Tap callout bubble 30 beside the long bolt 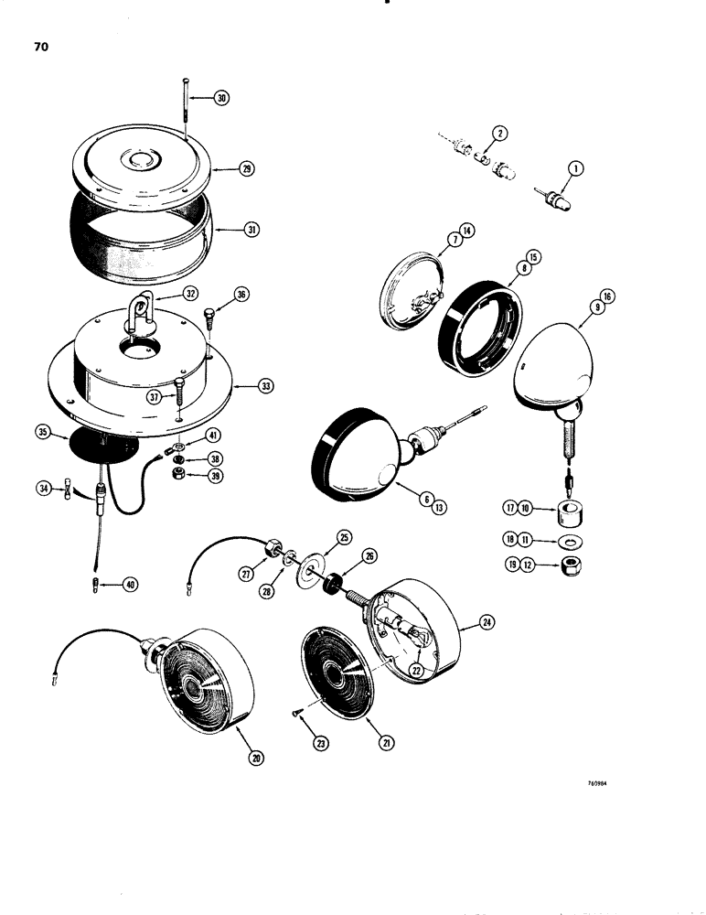[221, 98]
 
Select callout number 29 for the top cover [244, 169]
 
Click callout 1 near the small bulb [575, 167]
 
